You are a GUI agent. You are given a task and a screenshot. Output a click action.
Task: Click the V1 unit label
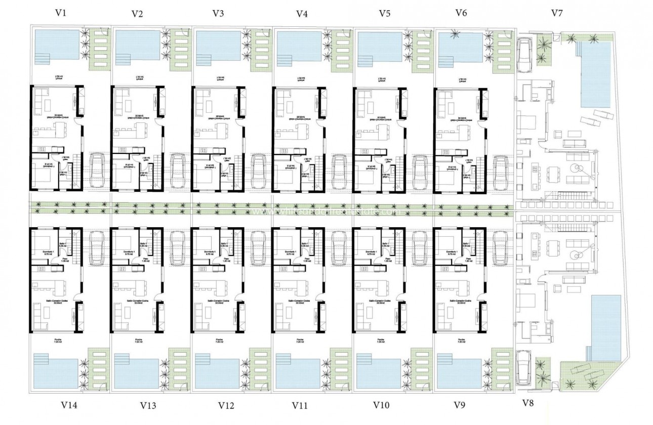pos(61,13)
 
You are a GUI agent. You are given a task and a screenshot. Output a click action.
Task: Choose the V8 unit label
pos(527,403)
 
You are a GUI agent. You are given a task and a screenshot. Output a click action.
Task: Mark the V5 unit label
pos(384,14)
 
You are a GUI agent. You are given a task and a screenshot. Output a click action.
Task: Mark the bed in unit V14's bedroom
pos(42,241)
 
